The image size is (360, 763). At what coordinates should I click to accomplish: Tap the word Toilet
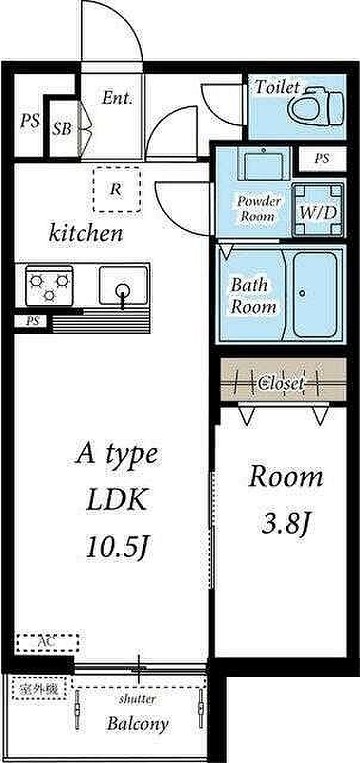point(277,87)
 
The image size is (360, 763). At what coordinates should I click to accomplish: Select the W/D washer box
point(318,210)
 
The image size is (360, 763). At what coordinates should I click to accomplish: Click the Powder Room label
point(259,209)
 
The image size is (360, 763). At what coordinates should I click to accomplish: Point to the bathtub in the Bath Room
point(315,294)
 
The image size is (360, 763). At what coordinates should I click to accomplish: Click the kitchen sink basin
point(123,286)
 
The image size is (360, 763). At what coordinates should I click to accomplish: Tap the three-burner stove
point(49,286)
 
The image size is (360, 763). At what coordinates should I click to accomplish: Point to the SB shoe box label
point(62,129)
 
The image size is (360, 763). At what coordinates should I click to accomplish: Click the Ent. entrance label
point(117,98)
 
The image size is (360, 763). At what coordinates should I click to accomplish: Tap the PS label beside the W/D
point(321,159)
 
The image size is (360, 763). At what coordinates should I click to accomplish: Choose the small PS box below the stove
point(31,321)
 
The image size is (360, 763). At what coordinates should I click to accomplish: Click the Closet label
point(281,384)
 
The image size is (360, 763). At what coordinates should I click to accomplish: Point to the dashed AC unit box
point(46,643)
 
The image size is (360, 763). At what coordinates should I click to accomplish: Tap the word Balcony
point(138,724)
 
